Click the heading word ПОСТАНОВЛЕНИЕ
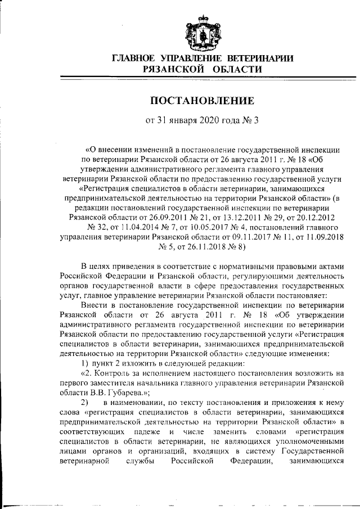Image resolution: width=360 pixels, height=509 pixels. tap(202, 101)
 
